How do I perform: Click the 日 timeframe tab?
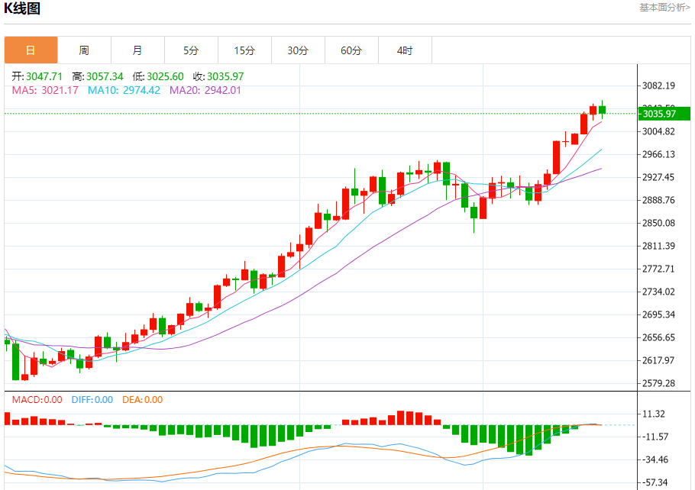31,50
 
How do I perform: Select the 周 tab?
84,50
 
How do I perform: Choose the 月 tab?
137,50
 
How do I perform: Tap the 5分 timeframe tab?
191,50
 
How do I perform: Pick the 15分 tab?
244,50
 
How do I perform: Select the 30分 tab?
298,50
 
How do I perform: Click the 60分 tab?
351,50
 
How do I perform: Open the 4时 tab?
405,50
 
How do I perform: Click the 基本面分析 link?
664,7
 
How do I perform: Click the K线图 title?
22,8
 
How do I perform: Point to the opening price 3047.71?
44,76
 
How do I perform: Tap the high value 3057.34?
106,76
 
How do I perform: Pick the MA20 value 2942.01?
215,90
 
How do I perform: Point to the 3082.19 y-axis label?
659,85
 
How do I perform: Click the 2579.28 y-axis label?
659,383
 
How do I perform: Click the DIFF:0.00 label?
92,399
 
